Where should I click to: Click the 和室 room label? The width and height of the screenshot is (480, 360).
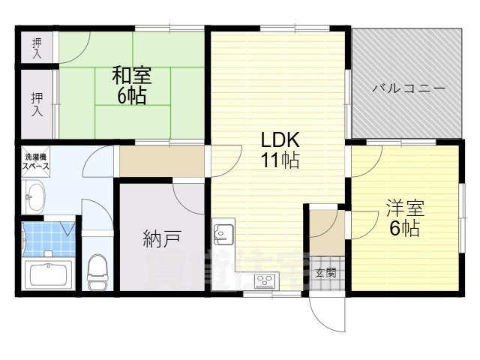(132, 76)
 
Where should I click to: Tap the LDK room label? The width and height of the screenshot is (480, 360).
(280, 140)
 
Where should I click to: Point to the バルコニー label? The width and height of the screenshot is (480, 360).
(409, 88)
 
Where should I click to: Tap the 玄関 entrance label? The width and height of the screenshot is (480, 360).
(325, 272)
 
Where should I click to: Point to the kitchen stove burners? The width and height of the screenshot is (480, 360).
(265, 281)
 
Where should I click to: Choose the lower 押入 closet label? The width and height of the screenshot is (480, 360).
(37, 104)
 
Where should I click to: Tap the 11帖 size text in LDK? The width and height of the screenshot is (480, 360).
(280, 160)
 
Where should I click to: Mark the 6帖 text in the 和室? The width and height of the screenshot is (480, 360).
(132, 95)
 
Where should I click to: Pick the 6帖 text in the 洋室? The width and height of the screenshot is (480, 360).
(403, 227)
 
